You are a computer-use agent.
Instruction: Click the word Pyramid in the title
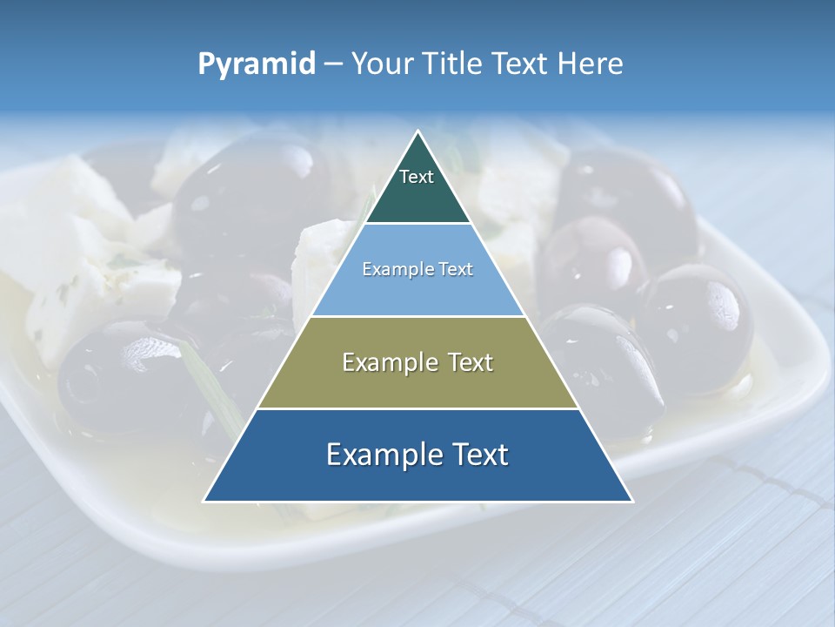[257, 64]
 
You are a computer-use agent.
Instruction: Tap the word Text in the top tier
[416, 177]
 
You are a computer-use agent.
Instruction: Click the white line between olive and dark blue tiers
[417, 408]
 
